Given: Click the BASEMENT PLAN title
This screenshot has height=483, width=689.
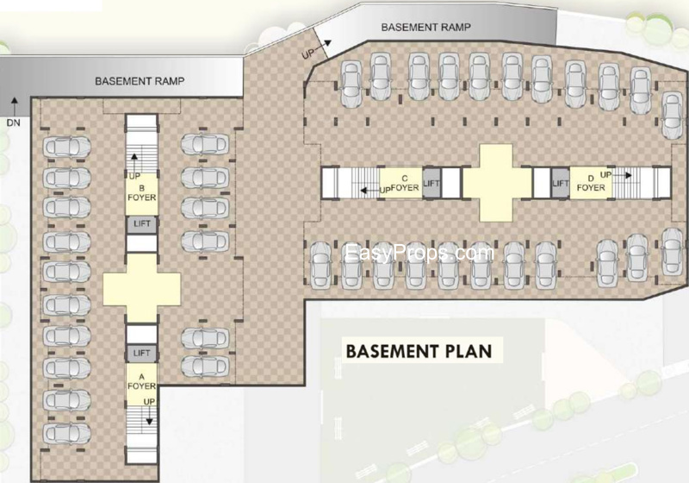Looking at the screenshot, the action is pos(419,351).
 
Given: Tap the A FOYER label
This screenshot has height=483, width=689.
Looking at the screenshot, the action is pos(141,381).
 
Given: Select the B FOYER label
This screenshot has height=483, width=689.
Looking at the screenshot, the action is pos(141,193).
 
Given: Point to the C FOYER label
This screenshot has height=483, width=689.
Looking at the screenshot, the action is pos(405,184).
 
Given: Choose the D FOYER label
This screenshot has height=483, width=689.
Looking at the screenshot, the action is pos(591,184).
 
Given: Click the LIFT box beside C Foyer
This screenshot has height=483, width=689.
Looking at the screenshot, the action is pos(431,183).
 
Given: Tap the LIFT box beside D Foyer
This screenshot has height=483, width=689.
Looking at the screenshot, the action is pos(561,183).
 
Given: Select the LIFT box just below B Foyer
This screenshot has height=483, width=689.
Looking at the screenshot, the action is pos(141,224).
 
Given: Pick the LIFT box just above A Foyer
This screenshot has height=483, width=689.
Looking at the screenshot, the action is pos(141,354).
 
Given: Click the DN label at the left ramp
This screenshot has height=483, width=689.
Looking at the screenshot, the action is pos(14,122).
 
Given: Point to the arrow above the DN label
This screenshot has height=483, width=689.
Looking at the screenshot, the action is pos(14,106).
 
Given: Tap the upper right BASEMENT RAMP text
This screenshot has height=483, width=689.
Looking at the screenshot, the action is pos(425,28).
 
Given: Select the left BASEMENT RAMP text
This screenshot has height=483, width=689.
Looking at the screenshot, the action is pos(140,81).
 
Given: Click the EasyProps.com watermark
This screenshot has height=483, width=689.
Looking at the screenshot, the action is pos(419,254).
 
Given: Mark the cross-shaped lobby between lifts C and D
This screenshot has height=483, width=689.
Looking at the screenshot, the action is pos(497,183).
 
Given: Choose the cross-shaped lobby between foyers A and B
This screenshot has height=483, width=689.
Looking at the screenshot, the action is pos(141,289).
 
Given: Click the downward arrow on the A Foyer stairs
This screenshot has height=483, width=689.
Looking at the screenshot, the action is pos(149,416).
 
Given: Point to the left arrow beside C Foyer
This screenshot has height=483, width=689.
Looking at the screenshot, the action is pos(369,191).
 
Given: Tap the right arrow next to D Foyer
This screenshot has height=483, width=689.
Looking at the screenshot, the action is pos(623,175).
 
